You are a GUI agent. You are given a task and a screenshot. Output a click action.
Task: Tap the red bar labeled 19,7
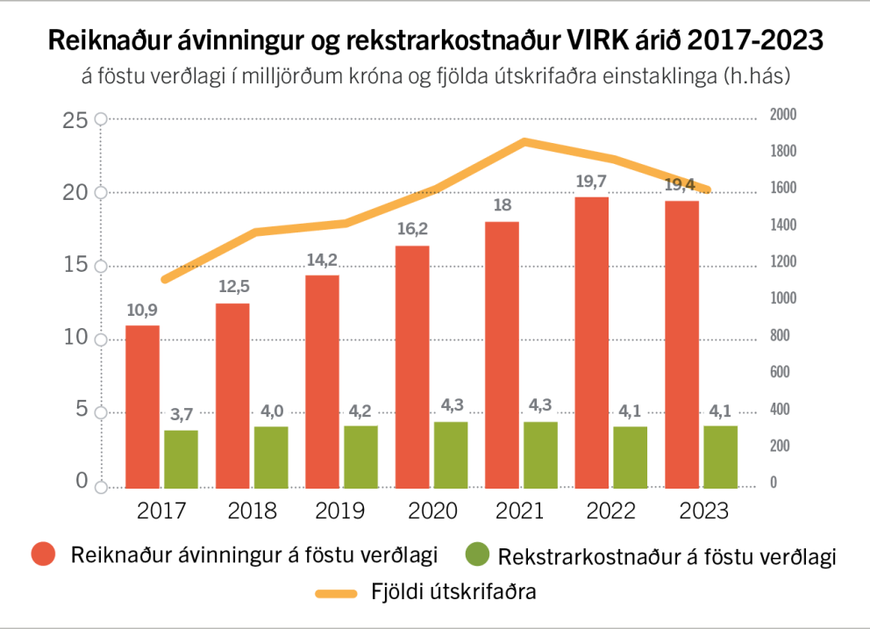[592, 342]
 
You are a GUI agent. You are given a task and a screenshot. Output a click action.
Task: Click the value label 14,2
[323, 260]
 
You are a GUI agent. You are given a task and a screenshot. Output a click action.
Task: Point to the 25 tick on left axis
[77, 120]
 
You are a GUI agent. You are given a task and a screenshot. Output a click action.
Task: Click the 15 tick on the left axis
[77, 266]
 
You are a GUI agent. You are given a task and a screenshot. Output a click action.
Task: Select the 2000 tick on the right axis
[781, 115]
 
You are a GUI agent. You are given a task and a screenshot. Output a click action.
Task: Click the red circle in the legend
[43, 554]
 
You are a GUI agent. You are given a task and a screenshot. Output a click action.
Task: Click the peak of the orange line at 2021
[524, 141]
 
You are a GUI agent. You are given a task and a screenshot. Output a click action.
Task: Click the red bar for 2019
[322, 382]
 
